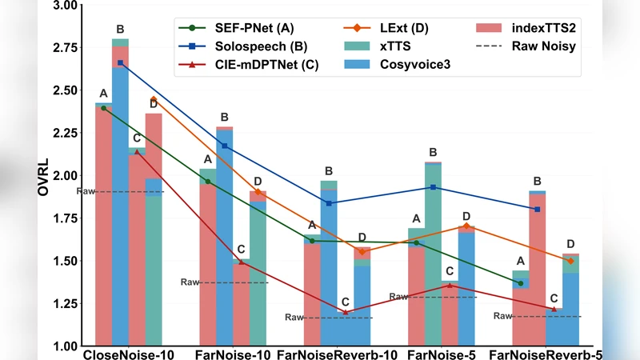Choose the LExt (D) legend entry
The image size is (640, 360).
point(393,29)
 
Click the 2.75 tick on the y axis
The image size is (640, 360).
point(65,48)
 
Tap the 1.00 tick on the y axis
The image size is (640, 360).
point(65,346)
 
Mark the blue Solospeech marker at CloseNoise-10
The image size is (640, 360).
point(120,62)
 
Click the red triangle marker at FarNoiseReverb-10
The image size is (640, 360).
point(345,312)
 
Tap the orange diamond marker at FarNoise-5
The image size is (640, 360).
point(466,226)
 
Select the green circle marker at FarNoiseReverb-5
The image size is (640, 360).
point(521,283)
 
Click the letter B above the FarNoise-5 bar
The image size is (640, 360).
point(433,152)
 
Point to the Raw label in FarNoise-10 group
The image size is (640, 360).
point(189,282)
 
